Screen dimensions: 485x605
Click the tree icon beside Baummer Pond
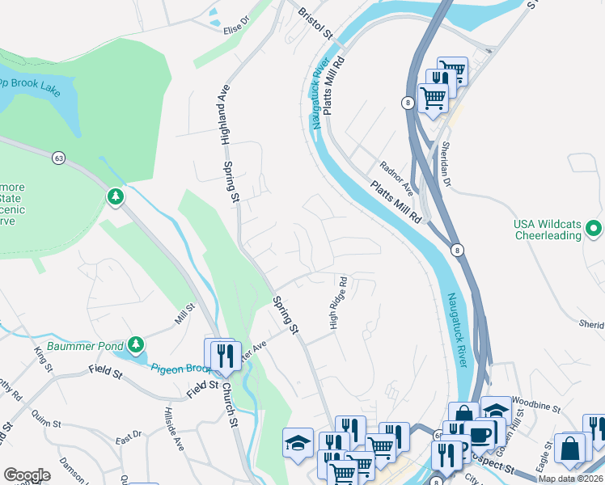(x=135, y=345)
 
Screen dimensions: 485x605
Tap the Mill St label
(x=185, y=314)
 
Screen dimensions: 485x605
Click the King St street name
(x=43, y=360)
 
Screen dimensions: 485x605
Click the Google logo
(x=26, y=474)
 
